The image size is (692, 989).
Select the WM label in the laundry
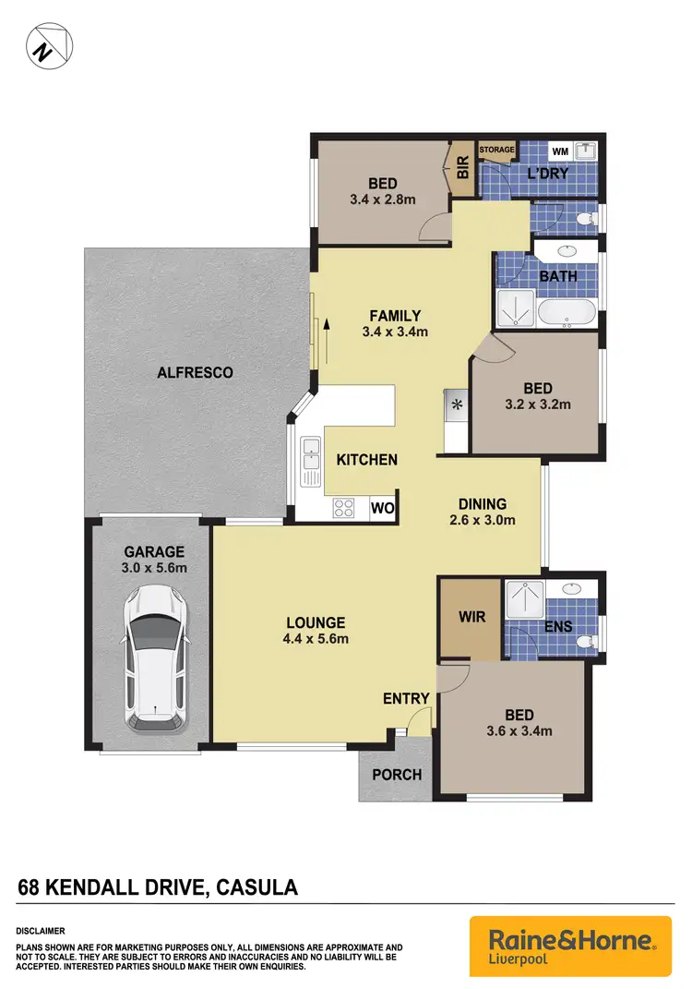559,151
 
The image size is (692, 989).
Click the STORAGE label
496,150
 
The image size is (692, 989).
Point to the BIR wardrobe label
463,167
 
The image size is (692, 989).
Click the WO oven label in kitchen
382,507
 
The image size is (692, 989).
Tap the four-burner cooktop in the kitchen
345,506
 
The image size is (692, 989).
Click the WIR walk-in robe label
471,616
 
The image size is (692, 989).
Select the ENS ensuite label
559,626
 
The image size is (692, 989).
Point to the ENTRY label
406,699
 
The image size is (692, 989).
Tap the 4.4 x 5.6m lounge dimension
315,638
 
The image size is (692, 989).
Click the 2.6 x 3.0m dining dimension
483,520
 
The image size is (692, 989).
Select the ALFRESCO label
195,373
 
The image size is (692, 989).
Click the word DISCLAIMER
41,932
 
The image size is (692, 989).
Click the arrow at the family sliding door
324,327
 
